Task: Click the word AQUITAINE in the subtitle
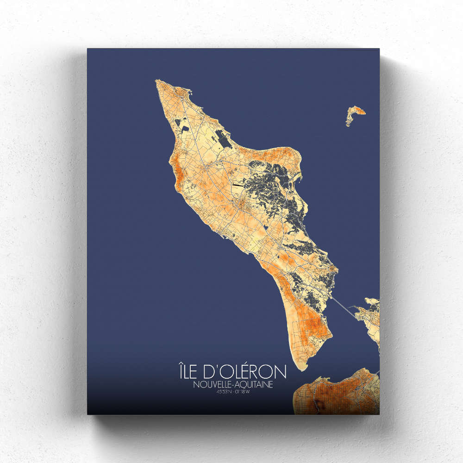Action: pos(255,384)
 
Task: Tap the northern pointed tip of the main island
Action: pos(157,82)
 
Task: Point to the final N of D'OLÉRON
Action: pos(281,372)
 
